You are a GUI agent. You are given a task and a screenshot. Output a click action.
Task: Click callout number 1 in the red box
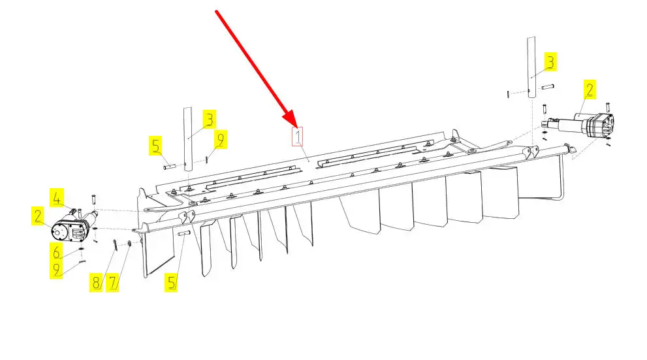[298, 137]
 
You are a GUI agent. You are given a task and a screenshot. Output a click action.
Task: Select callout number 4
[57, 198]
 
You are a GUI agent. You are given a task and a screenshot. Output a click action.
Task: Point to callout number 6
[56, 252]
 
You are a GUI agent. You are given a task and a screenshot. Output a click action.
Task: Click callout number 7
[113, 283]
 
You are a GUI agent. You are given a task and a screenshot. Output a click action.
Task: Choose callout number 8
[96, 283]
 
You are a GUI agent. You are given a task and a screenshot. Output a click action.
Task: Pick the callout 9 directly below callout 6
[56, 270]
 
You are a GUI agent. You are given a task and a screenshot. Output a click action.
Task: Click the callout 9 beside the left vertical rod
[220, 140]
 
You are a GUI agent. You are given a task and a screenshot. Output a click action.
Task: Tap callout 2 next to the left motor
[38, 216]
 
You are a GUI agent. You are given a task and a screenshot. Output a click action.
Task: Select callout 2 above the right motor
[590, 90]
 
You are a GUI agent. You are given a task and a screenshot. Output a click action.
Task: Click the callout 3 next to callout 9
[210, 120]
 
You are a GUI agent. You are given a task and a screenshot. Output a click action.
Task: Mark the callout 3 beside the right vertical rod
[550, 62]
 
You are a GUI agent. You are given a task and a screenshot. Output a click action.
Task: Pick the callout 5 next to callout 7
[171, 283]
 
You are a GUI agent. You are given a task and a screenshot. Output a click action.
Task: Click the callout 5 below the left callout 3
[155, 146]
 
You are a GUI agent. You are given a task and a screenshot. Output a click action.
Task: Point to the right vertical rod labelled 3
[531, 67]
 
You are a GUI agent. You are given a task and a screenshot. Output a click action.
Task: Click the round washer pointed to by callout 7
[129, 244]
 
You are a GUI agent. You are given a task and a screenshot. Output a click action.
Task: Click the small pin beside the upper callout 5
[170, 167]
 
